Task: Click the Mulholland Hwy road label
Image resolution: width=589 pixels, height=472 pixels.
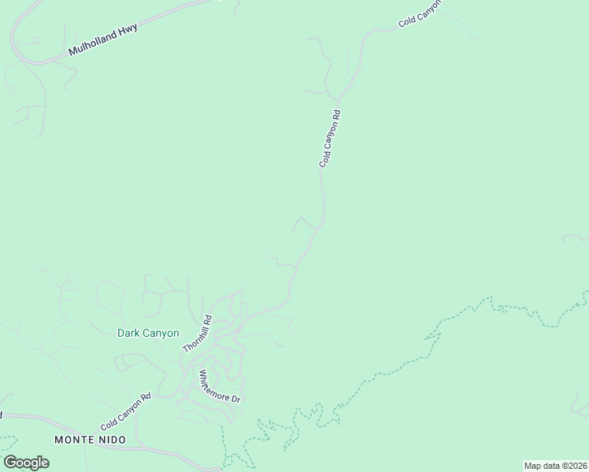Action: coord(103,39)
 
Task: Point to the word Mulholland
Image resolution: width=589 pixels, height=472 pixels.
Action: coord(93,43)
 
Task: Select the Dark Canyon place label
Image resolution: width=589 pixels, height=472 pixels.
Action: coord(148,333)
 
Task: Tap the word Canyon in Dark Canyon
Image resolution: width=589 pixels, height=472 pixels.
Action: coord(161,333)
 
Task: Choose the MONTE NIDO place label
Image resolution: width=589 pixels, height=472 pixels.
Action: coord(87,438)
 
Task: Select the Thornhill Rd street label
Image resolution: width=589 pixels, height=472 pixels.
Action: coord(198,334)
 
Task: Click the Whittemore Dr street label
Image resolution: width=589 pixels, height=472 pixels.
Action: coord(218,386)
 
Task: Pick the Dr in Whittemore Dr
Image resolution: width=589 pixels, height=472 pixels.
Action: coord(234,399)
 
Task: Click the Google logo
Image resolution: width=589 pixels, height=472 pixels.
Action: coord(26,463)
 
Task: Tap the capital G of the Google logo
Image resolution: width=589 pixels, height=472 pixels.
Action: coord(9,462)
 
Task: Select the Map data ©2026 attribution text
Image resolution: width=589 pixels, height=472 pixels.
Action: coord(555,466)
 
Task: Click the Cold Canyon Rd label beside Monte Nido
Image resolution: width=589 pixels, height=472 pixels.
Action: coord(124,411)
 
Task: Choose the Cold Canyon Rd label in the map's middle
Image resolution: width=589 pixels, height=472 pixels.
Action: coord(330,138)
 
